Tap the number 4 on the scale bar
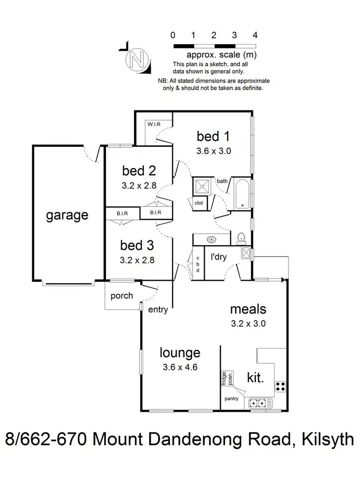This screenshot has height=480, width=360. (x=255, y=35)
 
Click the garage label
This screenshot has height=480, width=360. (x=67, y=215)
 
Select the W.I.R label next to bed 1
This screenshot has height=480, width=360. (x=154, y=125)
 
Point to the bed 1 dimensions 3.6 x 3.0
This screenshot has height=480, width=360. (x=214, y=150)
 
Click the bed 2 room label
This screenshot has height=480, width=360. (x=139, y=170)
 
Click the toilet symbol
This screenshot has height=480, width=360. (x=241, y=239)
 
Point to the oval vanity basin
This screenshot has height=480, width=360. (x=211, y=239)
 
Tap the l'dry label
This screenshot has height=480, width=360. (x=218, y=257)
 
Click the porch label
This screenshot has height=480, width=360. (x=122, y=296)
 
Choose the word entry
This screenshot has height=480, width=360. (x=158, y=310)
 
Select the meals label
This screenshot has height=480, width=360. (x=248, y=309)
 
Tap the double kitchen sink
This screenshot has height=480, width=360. (x=258, y=404)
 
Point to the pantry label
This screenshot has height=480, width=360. (x=232, y=398)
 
